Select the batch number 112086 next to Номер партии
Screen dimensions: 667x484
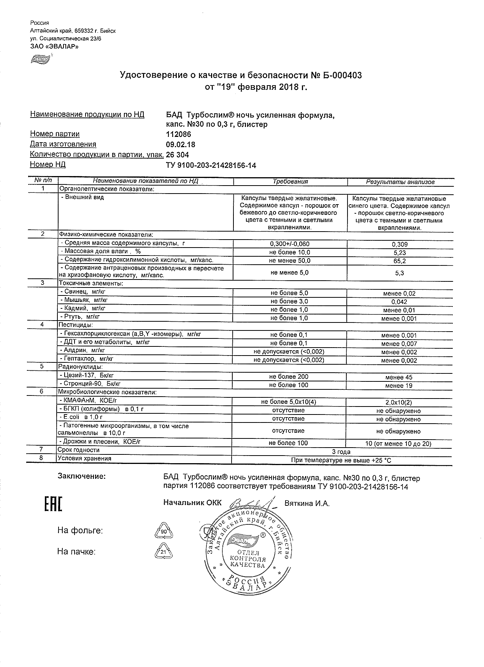(x=179, y=134)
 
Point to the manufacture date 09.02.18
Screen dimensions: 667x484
(x=181, y=145)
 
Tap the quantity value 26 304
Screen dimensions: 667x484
(x=178, y=155)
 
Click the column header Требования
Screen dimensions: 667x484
(x=290, y=182)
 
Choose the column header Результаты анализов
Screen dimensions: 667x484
(x=400, y=182)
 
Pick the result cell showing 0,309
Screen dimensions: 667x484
(x=400, y=245)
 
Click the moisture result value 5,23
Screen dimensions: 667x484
(x=400, y=253)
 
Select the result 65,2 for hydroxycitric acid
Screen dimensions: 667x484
(x=400, y=261)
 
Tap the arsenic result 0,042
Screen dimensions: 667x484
(x=399, y=302)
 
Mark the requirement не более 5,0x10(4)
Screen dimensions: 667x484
(x=289, y=402)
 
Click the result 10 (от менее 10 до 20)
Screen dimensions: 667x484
(x=398, y=444)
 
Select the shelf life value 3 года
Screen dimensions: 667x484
(x=341, y=452)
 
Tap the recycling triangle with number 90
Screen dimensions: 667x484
(x=163, y=531)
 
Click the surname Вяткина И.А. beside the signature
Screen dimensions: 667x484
(x=307, y=503)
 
